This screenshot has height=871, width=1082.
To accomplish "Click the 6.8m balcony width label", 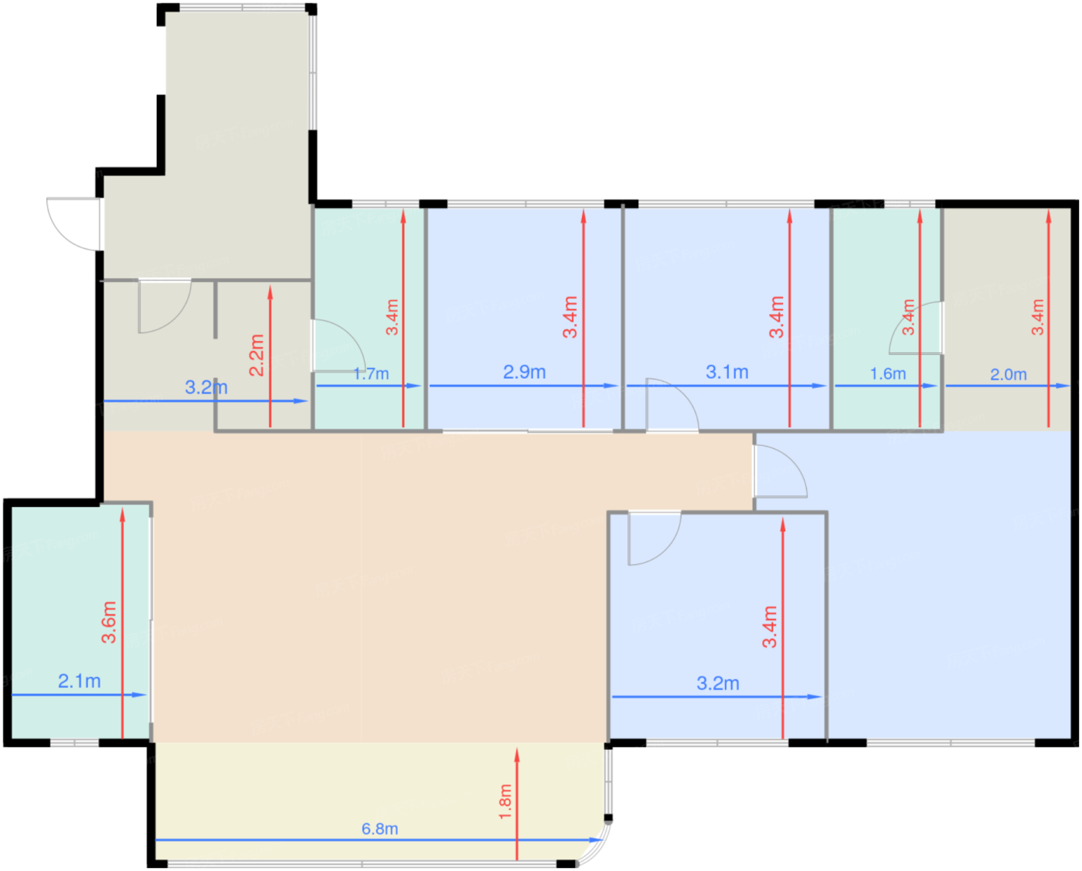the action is click(379, 828).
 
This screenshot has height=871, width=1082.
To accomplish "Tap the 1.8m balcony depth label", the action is click(505, 801).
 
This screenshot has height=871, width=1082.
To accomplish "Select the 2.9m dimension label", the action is click(525, 372).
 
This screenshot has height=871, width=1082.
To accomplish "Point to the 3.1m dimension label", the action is click(727, 372).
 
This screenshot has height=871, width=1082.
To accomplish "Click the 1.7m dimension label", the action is click(371, 373).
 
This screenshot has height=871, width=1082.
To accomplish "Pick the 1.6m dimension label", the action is click(888, 373).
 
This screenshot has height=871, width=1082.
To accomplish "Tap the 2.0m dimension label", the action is click(1008, 374).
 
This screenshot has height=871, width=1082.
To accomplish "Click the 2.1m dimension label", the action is click(80, 681).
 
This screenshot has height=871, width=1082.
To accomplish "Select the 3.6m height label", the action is click(109, 622).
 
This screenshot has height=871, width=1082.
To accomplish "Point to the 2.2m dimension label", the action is click(257, 355).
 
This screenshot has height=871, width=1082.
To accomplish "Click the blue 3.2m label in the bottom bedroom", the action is click(718, 683).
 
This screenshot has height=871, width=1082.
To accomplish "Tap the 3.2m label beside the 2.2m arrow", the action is click(206, 387).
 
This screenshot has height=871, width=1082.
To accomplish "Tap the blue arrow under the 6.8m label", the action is click(379, 840).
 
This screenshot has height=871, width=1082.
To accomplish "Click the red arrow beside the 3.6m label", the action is click(122, 623).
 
